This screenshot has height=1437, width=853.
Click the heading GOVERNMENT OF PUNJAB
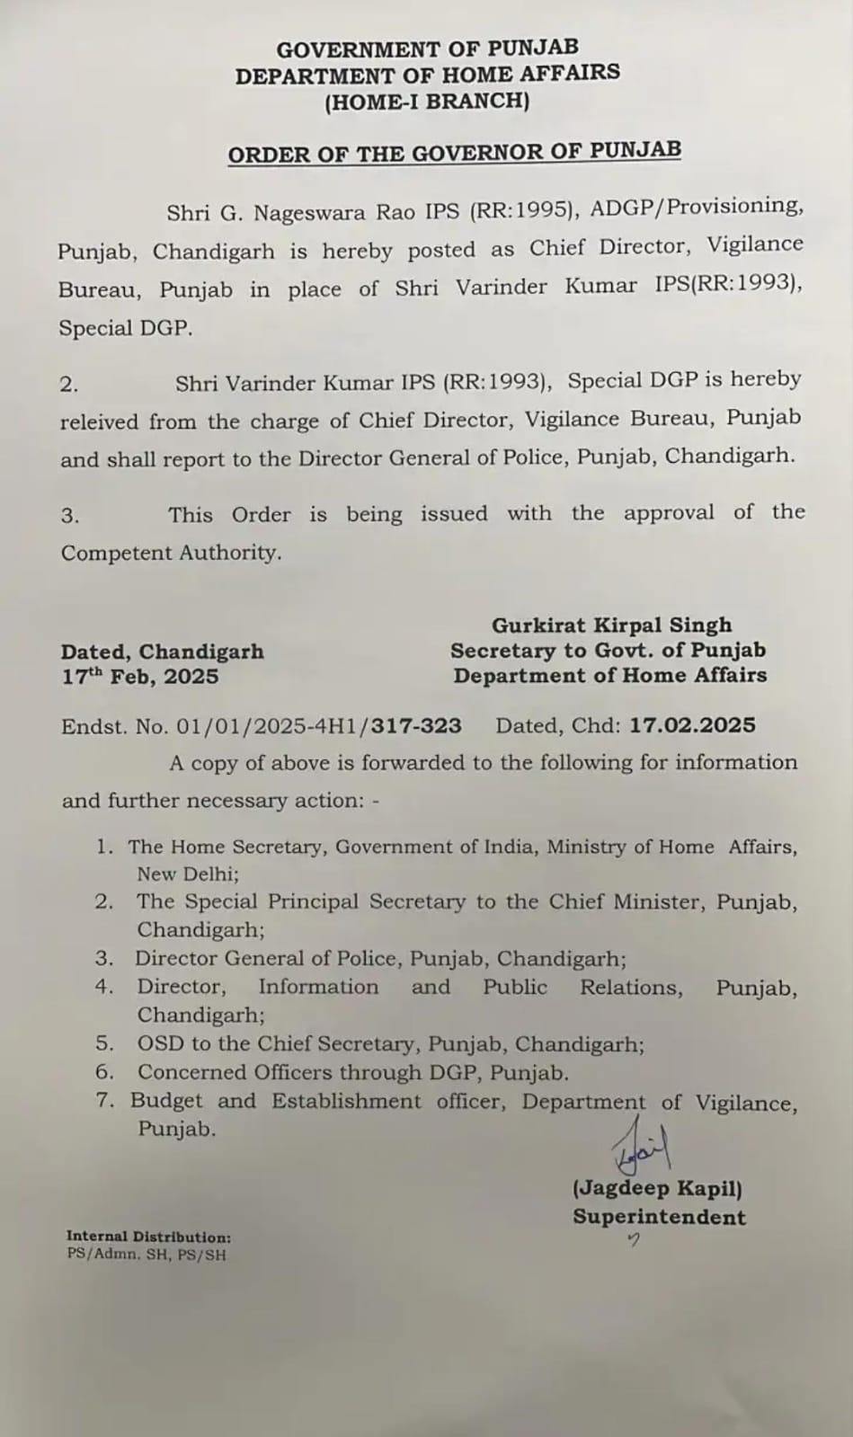click(x=427, y=49)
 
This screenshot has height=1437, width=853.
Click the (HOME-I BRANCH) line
click(x=427, y=101)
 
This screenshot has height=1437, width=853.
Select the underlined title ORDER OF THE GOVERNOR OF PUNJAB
click(x=454, y=153)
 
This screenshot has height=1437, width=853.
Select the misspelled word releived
click(x=99, y=421)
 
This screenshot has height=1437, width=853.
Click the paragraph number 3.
click(x=69, y=516)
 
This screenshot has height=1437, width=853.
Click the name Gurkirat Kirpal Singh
click(x=611, y=625)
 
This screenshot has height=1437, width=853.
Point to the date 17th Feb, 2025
click(x=139, y=676)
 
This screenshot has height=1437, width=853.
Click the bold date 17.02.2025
click(x=692, y=725)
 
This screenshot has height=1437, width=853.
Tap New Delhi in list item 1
click(x=187, y=874)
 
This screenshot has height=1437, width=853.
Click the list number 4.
click(x=104, y=987)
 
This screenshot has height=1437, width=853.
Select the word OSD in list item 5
click(x=156, y=1043)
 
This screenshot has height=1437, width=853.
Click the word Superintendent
click(x=660, y=1218)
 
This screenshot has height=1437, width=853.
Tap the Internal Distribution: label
click(x=148, y=1237)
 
